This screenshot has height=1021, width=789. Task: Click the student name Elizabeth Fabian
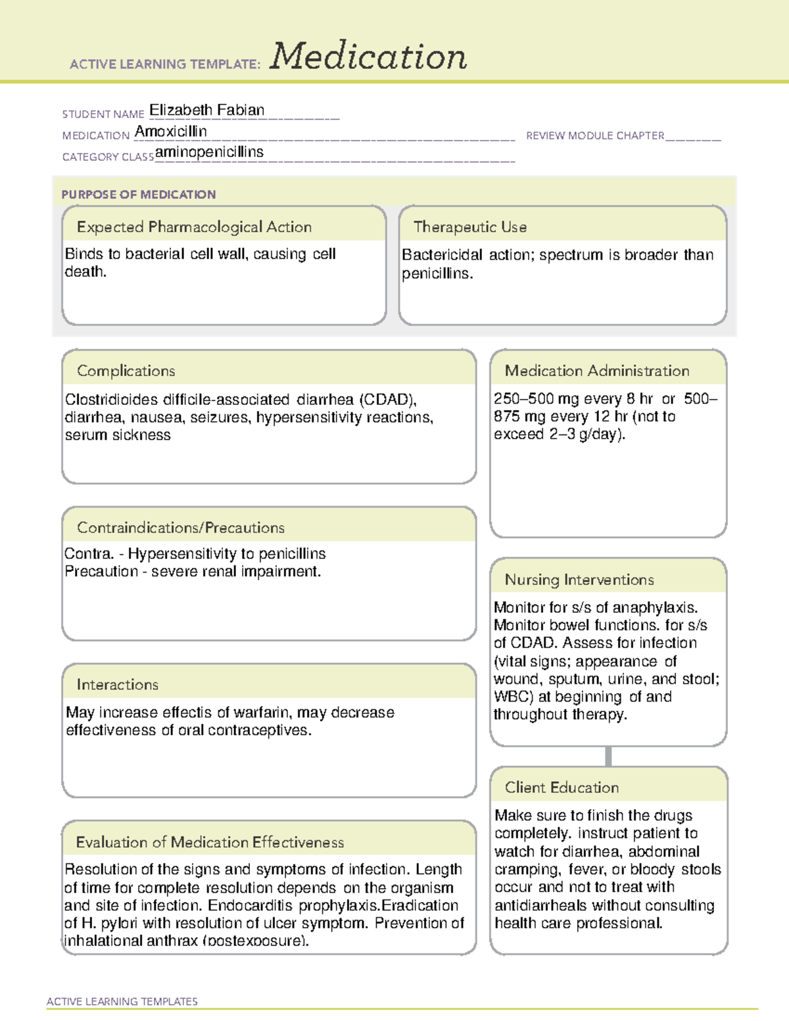point(206,110)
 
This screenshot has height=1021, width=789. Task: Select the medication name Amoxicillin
point(170,131)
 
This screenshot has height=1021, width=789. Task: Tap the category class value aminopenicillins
point(209,152)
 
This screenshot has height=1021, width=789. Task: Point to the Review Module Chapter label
point(595,135)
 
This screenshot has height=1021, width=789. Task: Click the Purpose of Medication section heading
point(138,195)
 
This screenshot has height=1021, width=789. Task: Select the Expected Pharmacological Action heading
point(194,227)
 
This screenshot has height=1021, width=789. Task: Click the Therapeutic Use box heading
point(469,227)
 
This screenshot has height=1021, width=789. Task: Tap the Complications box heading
point(126,371)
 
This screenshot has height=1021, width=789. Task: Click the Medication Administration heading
point(596,371)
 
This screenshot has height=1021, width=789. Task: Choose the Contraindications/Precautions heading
point(180,527)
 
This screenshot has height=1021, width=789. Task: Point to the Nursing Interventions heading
point(579,579)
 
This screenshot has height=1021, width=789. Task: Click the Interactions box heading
point(117,684)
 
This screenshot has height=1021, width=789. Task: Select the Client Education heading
point(562,787)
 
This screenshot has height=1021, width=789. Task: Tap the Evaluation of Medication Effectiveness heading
point(210,842)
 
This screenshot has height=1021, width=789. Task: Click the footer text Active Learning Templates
point(122,1001)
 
